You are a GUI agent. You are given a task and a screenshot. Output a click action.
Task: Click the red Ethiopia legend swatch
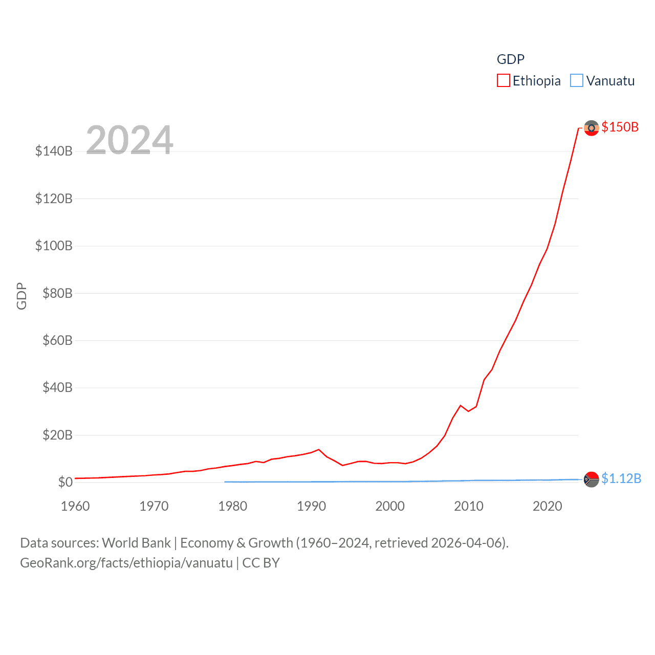503,81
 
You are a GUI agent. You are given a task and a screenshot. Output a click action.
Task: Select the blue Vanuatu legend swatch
577,81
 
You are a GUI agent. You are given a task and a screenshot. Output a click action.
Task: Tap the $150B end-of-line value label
620,127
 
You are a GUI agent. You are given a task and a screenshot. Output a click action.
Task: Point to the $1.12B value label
621,478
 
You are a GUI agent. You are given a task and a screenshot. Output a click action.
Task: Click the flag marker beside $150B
591,128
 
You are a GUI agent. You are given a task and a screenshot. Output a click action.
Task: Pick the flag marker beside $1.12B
591,479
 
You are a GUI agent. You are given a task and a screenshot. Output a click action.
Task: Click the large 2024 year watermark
129,140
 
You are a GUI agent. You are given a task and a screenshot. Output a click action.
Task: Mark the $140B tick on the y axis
54,151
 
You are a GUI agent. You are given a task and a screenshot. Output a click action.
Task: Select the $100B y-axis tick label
54,246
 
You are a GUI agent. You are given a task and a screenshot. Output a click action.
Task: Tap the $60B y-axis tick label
57,340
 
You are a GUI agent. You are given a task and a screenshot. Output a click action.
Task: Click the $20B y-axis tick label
57,435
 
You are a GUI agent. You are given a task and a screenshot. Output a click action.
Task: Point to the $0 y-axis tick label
65,482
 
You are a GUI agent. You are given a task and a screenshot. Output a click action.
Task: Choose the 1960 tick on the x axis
75,506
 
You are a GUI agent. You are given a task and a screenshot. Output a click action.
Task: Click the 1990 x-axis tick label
311,506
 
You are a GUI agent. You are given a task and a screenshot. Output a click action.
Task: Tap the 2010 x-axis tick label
469,506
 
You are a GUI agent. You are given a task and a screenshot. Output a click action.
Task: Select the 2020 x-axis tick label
548,506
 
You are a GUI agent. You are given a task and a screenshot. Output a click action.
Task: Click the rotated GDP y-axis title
21,296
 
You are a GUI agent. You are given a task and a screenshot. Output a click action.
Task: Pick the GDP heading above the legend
510,59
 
